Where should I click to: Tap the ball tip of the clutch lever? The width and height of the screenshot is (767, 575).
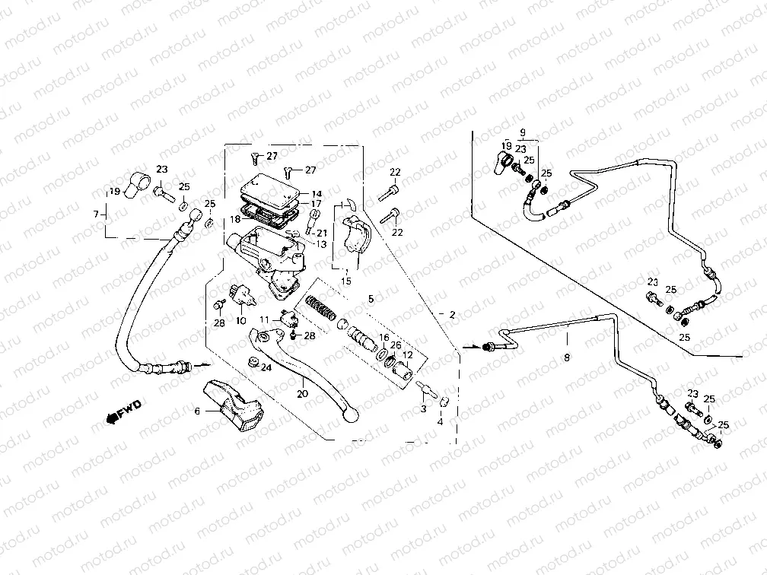point(352,415)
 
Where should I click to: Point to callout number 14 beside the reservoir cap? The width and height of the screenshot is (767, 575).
point(317,194)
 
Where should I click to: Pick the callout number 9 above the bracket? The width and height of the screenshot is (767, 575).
point(524,132)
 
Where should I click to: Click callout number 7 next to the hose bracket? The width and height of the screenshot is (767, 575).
point(96,214)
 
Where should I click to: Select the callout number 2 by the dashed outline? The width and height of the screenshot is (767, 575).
point(452,314)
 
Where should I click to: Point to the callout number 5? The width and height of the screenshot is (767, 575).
point(371,299)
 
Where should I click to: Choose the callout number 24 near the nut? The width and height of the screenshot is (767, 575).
point(266,367)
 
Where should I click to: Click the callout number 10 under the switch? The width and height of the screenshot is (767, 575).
point(240,320)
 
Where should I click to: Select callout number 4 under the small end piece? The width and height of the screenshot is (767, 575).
point(440,421)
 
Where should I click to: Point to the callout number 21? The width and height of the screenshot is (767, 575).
point(322,233)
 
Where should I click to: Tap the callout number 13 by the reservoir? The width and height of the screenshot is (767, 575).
point(322,244)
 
